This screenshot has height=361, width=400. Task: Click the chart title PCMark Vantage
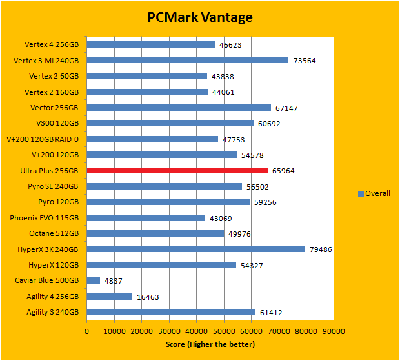(x=199, y=17)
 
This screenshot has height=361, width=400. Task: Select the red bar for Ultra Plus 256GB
(x=177, y=171)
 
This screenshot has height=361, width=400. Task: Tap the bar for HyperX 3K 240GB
(x=195, y=249)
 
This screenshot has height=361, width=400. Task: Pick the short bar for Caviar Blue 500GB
(x=94, y=281)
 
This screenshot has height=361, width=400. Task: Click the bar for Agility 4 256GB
(x=110, y=297)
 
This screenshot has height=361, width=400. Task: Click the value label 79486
(x=321, y=249)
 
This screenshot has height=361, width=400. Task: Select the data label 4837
(x=114, y=281)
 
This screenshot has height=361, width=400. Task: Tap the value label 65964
(x=284, y=171)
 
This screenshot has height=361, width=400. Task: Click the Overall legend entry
(x=374, y=193)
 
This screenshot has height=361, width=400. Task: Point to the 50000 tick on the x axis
(x=224, y=331)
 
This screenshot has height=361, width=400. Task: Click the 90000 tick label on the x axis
(x=333, y=331)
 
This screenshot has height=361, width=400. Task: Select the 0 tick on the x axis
(x=87, y=331)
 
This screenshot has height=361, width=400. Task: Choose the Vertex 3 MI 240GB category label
(x=46, y=61)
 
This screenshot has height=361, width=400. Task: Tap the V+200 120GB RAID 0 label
(x=43, y=139)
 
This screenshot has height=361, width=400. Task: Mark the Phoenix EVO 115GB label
(x=45, y=218)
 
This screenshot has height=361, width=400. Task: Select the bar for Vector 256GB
(x=179, y=108)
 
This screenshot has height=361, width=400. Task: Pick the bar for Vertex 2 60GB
(x=147, y=76)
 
